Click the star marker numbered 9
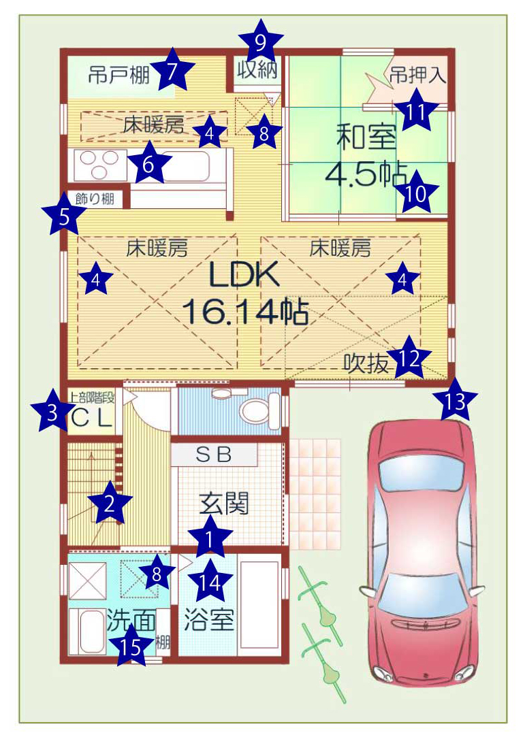261,42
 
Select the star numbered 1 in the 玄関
210,538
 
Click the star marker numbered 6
148,163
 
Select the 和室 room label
366,137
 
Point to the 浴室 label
209,619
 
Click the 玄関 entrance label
224,504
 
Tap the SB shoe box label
214,455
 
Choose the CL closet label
93,417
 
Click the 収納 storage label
257,69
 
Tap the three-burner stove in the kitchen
100,165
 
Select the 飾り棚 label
95,199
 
